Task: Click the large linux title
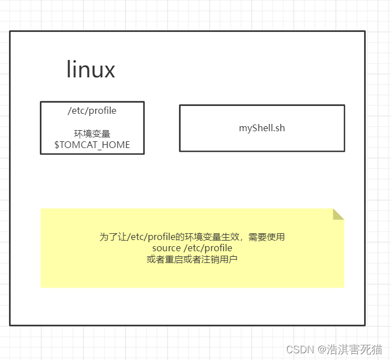(x=91, y=70)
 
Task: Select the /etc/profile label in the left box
(x=92, y=110)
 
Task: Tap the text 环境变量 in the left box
(x=92, y=133)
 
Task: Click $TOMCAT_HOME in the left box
(x=92, y=145)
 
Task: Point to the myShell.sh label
(x=262, y=128)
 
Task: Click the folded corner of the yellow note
(x=338, y=214)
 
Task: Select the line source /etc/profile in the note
(x=192, y=248)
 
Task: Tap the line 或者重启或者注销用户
(x=192, y=259)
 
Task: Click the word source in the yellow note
(x=165, y=248)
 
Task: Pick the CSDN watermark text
(x=299, y=349)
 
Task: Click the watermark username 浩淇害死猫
(x=356, y=349)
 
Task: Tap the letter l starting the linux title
(x=69, y=70)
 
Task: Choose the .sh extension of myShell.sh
(x=278, y=128)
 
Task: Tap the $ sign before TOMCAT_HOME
(x=57, y=145)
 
